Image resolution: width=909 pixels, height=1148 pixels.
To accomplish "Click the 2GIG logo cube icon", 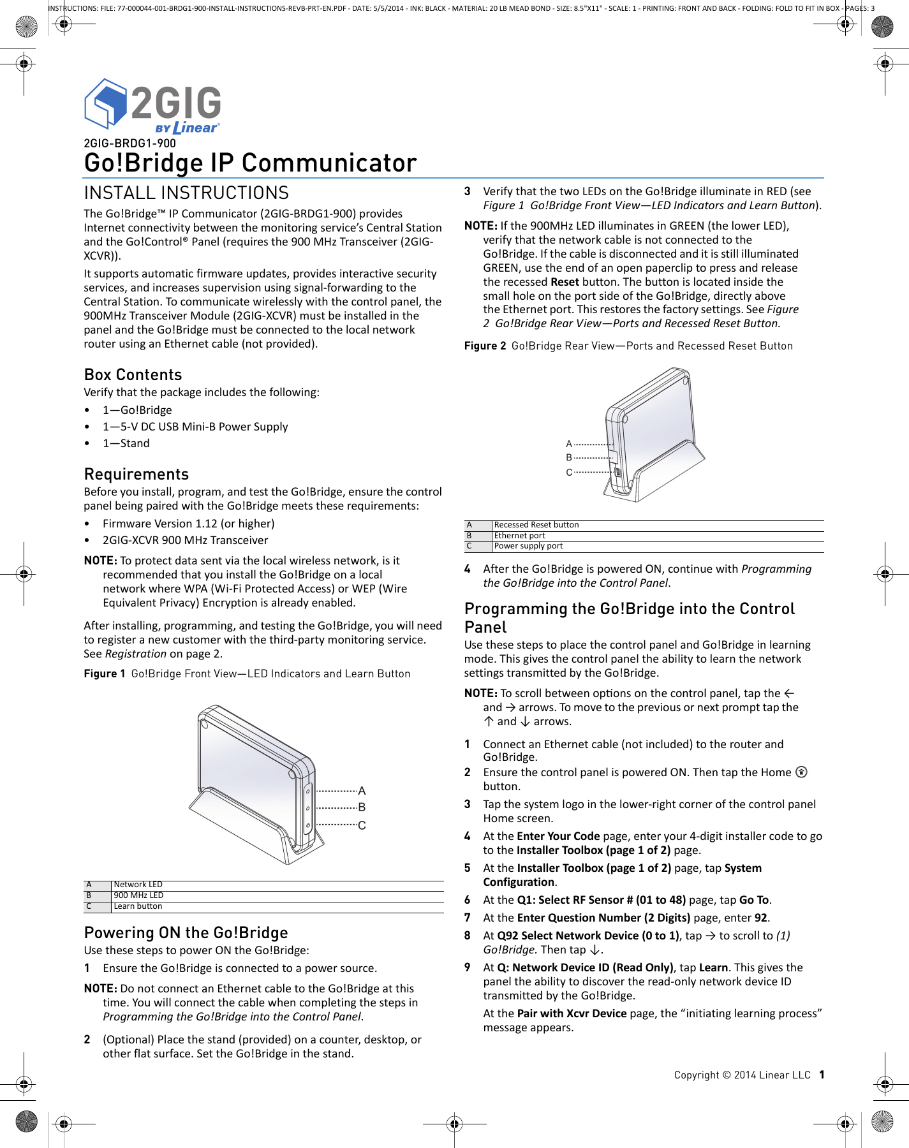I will [105, 103].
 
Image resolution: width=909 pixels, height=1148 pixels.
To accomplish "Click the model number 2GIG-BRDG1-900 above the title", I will [129, 143].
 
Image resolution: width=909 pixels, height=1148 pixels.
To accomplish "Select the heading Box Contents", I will [133, 374].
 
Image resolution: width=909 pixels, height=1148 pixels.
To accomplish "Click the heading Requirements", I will [136, 474].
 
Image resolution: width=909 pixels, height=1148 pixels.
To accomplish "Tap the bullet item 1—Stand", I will [126, 443].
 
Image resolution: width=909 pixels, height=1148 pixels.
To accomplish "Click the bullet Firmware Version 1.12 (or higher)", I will [188, 524].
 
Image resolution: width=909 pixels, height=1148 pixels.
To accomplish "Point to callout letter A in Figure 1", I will [362, 791].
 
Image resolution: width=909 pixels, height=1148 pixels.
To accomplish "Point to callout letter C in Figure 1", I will [362, 825].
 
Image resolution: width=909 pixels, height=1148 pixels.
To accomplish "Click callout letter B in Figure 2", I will [569, 457].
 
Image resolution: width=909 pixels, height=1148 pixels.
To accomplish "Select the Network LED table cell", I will [138, 885].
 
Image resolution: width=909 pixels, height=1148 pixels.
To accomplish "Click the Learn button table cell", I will [138, 906].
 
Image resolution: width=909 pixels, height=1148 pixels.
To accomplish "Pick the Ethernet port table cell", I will [519, 536].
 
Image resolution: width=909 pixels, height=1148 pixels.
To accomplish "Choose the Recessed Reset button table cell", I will [536, 525].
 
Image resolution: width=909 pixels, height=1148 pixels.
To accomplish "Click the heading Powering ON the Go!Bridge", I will [186, 932].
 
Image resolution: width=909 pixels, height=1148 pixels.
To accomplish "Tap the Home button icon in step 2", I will [802, 772].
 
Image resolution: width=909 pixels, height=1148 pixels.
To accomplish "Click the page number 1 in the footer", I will [822, 1075].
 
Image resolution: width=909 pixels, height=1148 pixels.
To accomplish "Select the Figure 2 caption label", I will [485, 346].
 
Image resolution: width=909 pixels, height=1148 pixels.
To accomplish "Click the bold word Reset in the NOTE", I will [565, 282].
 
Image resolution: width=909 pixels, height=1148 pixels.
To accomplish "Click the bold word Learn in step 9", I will [713, 968].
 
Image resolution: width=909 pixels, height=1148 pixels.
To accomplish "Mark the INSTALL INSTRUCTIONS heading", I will [186, 193].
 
